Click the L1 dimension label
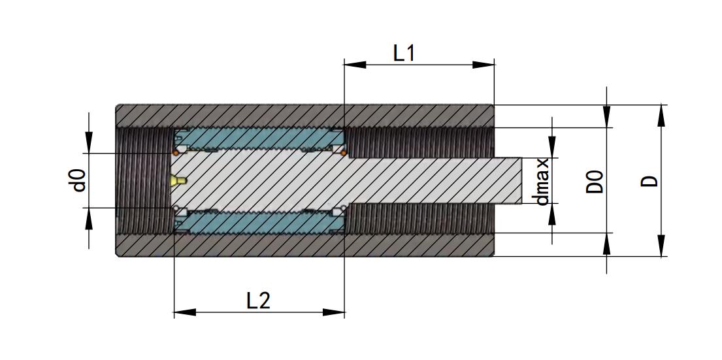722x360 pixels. (x=404, y=53)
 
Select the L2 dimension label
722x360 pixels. (x=258, y=301)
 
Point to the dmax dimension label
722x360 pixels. (x=542, y=181)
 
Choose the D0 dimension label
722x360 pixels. (x=594, y=181)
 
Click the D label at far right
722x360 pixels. (x=649, y=181)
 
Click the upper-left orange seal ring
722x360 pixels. (x=176, y=153)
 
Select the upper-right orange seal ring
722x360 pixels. (x=344, y=153)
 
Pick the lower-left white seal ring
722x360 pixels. (x=176, y=209)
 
